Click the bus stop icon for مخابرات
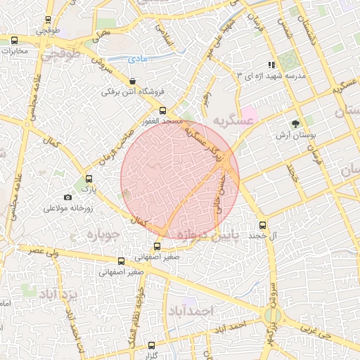(x=15, y=40)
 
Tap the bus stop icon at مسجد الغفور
(x=163, y=110)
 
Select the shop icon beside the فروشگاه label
(x=133, y=82)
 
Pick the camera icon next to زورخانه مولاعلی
(x=67, y=198)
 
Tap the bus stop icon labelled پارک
(x=89, y=179)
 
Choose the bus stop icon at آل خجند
(x=263, y=225)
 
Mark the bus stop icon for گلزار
(x=152, y=345)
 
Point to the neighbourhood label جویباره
(x=91, y=236)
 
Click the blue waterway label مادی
(x=139, y=60)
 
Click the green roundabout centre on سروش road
(x=272, y=317)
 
